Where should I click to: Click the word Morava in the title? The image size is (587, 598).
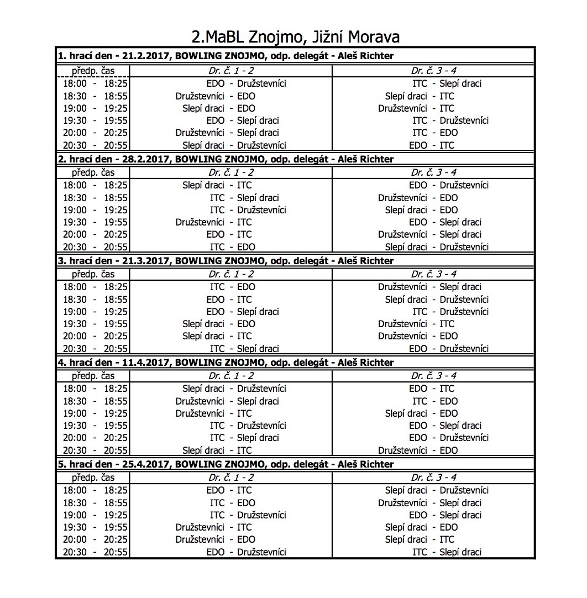373,37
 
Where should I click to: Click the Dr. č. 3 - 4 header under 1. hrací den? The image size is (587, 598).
433,71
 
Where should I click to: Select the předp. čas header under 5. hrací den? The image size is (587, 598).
93,478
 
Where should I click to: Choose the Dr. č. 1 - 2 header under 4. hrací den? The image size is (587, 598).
231,376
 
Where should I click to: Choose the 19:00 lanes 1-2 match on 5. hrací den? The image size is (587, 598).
248,515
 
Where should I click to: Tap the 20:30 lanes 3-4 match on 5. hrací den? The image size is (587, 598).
447,552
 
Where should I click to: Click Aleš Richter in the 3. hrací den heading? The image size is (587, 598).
365,261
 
